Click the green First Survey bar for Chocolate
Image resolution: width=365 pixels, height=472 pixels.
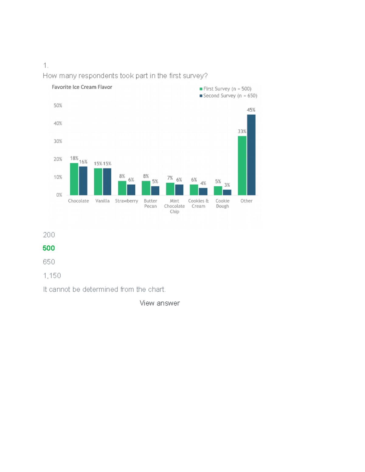click(x=74, y=179)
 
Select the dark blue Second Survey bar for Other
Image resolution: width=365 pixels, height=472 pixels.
click(x=251, y=155)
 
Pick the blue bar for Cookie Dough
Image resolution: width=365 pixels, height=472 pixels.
click(x=227, y=192)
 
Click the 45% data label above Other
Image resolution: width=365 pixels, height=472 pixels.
click(x=251, y=110)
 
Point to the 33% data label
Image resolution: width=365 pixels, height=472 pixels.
click(x=242, y=132)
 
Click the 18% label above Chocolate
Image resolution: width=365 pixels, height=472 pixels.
click(x=74, y=158)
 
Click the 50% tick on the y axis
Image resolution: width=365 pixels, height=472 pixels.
click(x=58, y=105)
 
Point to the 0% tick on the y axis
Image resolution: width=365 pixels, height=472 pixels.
click(x=59, y=195)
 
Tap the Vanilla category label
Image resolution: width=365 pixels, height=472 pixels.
click(x=103, y=201)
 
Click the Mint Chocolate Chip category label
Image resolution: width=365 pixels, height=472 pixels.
click(x=174, y=206)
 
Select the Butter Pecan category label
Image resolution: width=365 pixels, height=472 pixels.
click(x=150, y=203)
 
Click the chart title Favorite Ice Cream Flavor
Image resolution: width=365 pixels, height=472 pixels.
click(x=82, y=87)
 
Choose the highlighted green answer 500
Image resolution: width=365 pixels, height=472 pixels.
click(x=49, y=248)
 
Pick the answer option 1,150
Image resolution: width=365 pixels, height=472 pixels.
click(x=52, y=276)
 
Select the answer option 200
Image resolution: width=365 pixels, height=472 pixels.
click(x=49, y=235)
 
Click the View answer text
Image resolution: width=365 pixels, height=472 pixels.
click(x=160, y=303)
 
